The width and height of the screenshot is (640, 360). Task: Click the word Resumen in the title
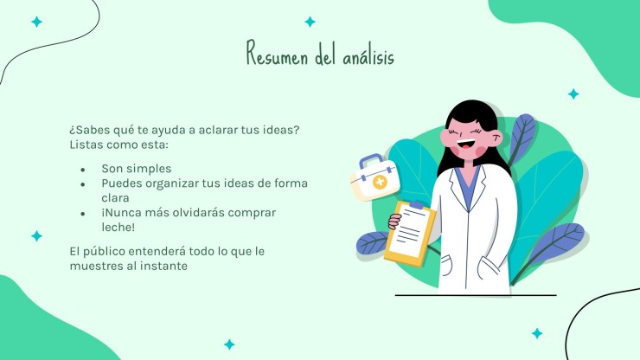point(277,54)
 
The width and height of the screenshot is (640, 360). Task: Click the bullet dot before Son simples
point(83,170)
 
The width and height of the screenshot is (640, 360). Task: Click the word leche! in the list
point(118,228)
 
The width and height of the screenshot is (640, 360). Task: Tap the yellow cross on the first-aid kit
point(380,182)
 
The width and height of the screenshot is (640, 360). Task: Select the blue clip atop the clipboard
point(416,204)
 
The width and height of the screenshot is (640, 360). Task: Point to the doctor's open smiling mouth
point(465,144)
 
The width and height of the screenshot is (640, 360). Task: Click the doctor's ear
point(497,138)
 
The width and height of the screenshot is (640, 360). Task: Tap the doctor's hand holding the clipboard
point(394,222)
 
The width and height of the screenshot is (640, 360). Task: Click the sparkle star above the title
point(310,22)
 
